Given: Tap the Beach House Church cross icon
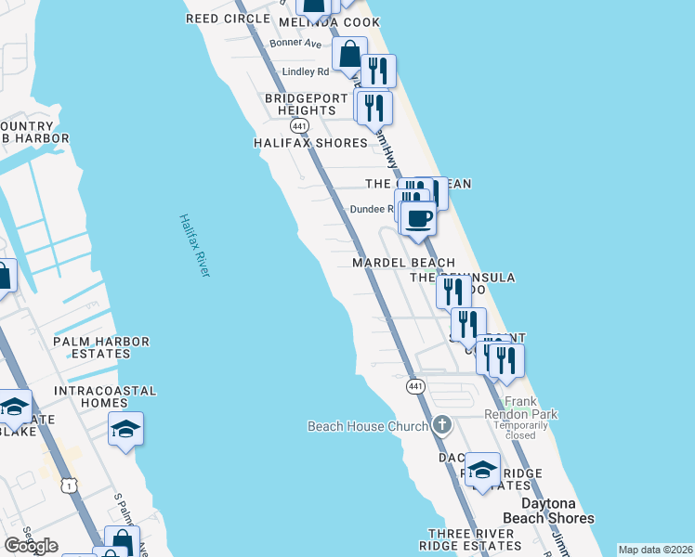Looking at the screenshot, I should coord(441,425).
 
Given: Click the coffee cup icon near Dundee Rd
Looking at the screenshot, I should coord(418,219).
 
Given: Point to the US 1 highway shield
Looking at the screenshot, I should coord(67,486).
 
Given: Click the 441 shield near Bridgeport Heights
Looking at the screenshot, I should coord(298,125).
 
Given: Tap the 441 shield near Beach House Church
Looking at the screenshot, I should coord(415,385).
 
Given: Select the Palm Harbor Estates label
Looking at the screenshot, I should coord(101,347).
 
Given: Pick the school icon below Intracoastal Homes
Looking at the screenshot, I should coord(125,429).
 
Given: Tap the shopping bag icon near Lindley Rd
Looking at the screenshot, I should coord(348,55).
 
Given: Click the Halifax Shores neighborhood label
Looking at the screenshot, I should coord(310,143).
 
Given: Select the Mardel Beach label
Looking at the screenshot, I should coord(403,264).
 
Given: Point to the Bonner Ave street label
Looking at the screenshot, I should coord(295,43).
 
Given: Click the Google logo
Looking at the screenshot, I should coord(30,546).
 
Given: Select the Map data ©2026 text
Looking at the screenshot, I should coord(655,550).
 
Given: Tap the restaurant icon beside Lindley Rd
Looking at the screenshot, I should coord(378,70).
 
